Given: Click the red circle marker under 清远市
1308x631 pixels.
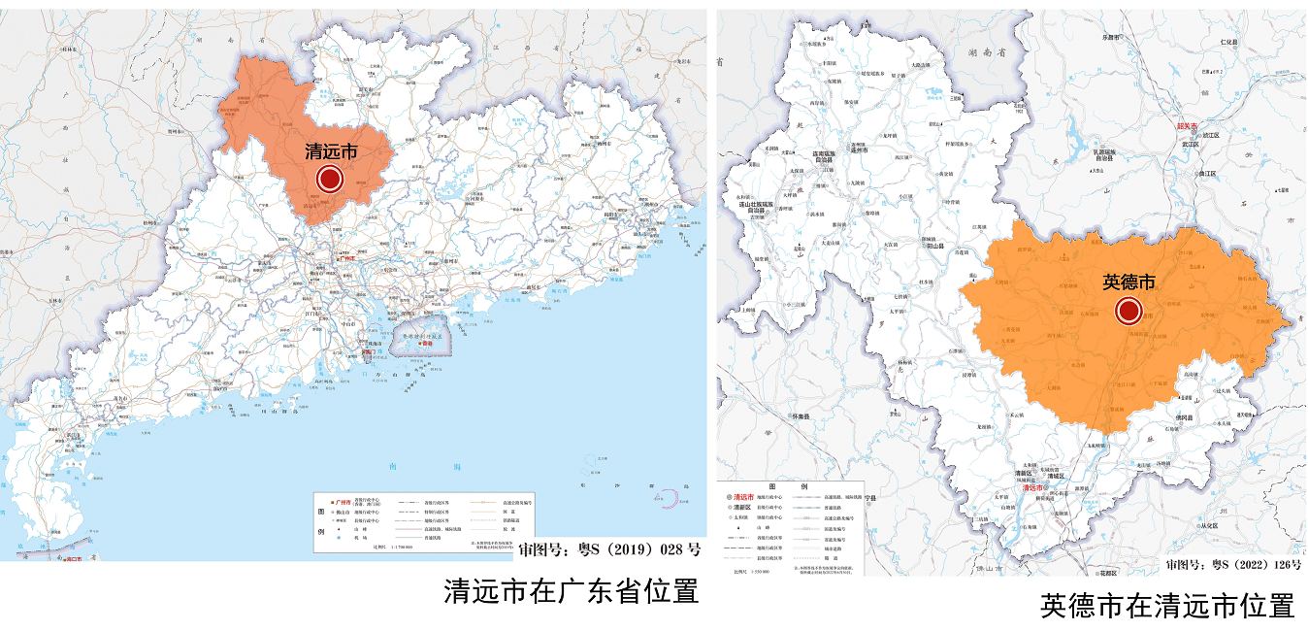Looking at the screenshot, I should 330,179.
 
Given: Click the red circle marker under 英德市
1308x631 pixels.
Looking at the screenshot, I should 1128,311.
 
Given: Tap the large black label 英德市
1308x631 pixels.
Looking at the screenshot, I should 1129,282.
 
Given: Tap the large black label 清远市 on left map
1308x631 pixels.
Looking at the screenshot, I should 331,152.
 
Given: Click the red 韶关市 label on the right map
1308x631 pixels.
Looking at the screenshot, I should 1188,127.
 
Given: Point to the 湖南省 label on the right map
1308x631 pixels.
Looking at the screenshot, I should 983,55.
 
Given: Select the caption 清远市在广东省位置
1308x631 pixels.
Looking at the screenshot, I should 571,591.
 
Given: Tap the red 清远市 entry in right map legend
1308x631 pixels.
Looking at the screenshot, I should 744,496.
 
